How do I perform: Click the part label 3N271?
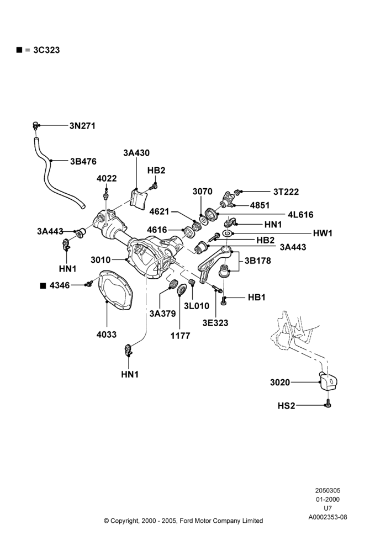(x=82, y=126)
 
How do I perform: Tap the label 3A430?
(x=136, y=153)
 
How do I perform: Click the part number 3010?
(x=101, y=260)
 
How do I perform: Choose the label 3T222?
(x=286, y=192)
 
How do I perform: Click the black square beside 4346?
(x=43, y=285)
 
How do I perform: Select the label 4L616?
(x=300, y=214)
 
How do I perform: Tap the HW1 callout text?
(x=323, y=233)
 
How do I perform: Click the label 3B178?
(x=257, y=261)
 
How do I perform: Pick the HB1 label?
(x=256, y=297)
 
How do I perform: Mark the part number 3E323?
(x=215, y=323)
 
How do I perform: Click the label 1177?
(x=181, y=336)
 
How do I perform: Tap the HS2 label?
(x=286, y=406)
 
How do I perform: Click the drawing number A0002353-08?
(x=327, y=517)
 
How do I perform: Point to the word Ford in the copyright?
(x=186, y=521)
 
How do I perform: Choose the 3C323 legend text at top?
(x=46, y=50)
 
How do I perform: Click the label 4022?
(x=107, y=178)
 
